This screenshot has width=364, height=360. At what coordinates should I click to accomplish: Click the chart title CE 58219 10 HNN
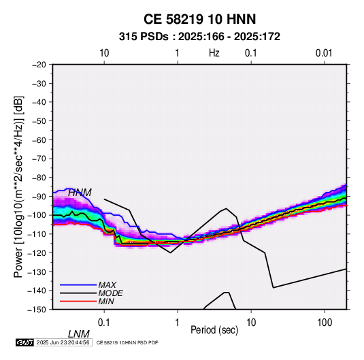tap(199, 19)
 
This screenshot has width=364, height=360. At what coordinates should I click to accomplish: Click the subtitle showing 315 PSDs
tap(199, 37)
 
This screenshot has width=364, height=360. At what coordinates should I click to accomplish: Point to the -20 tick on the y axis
tap(39, 65)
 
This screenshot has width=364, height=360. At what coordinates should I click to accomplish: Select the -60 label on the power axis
tap(39, 140)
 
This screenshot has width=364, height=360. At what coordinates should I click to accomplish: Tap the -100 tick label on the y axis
tap(37, 215)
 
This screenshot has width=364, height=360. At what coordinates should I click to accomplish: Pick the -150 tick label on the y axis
tap(37, 310)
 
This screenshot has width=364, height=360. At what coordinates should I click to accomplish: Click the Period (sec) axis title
tap(214, 330)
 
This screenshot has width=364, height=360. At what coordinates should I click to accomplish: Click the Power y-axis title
tap(18, 187)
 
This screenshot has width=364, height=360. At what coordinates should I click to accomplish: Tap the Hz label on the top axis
tap(214, 53)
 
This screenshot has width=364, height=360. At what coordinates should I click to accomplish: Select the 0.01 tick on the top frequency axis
tap(324, 53)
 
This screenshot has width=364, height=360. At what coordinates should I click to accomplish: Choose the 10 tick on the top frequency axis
tap(104, 53)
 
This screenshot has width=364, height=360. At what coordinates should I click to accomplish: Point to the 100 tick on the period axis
tap(325, 323)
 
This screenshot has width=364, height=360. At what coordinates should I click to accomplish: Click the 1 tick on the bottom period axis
tap(177, 323)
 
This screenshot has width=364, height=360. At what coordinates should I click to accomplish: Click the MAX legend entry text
tap(107, 284)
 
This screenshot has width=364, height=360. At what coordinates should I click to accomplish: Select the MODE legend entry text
tap(110, 293)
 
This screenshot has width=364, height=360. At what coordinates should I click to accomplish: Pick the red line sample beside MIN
tap(78, 301)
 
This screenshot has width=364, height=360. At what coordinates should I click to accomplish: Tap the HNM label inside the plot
tap(80, 193)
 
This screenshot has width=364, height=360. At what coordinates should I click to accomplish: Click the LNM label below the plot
tap(79, 334)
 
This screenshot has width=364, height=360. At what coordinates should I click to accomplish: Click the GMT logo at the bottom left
tap(25, 342)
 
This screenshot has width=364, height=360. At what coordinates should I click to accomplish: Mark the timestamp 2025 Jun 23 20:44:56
tap(63, 342)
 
